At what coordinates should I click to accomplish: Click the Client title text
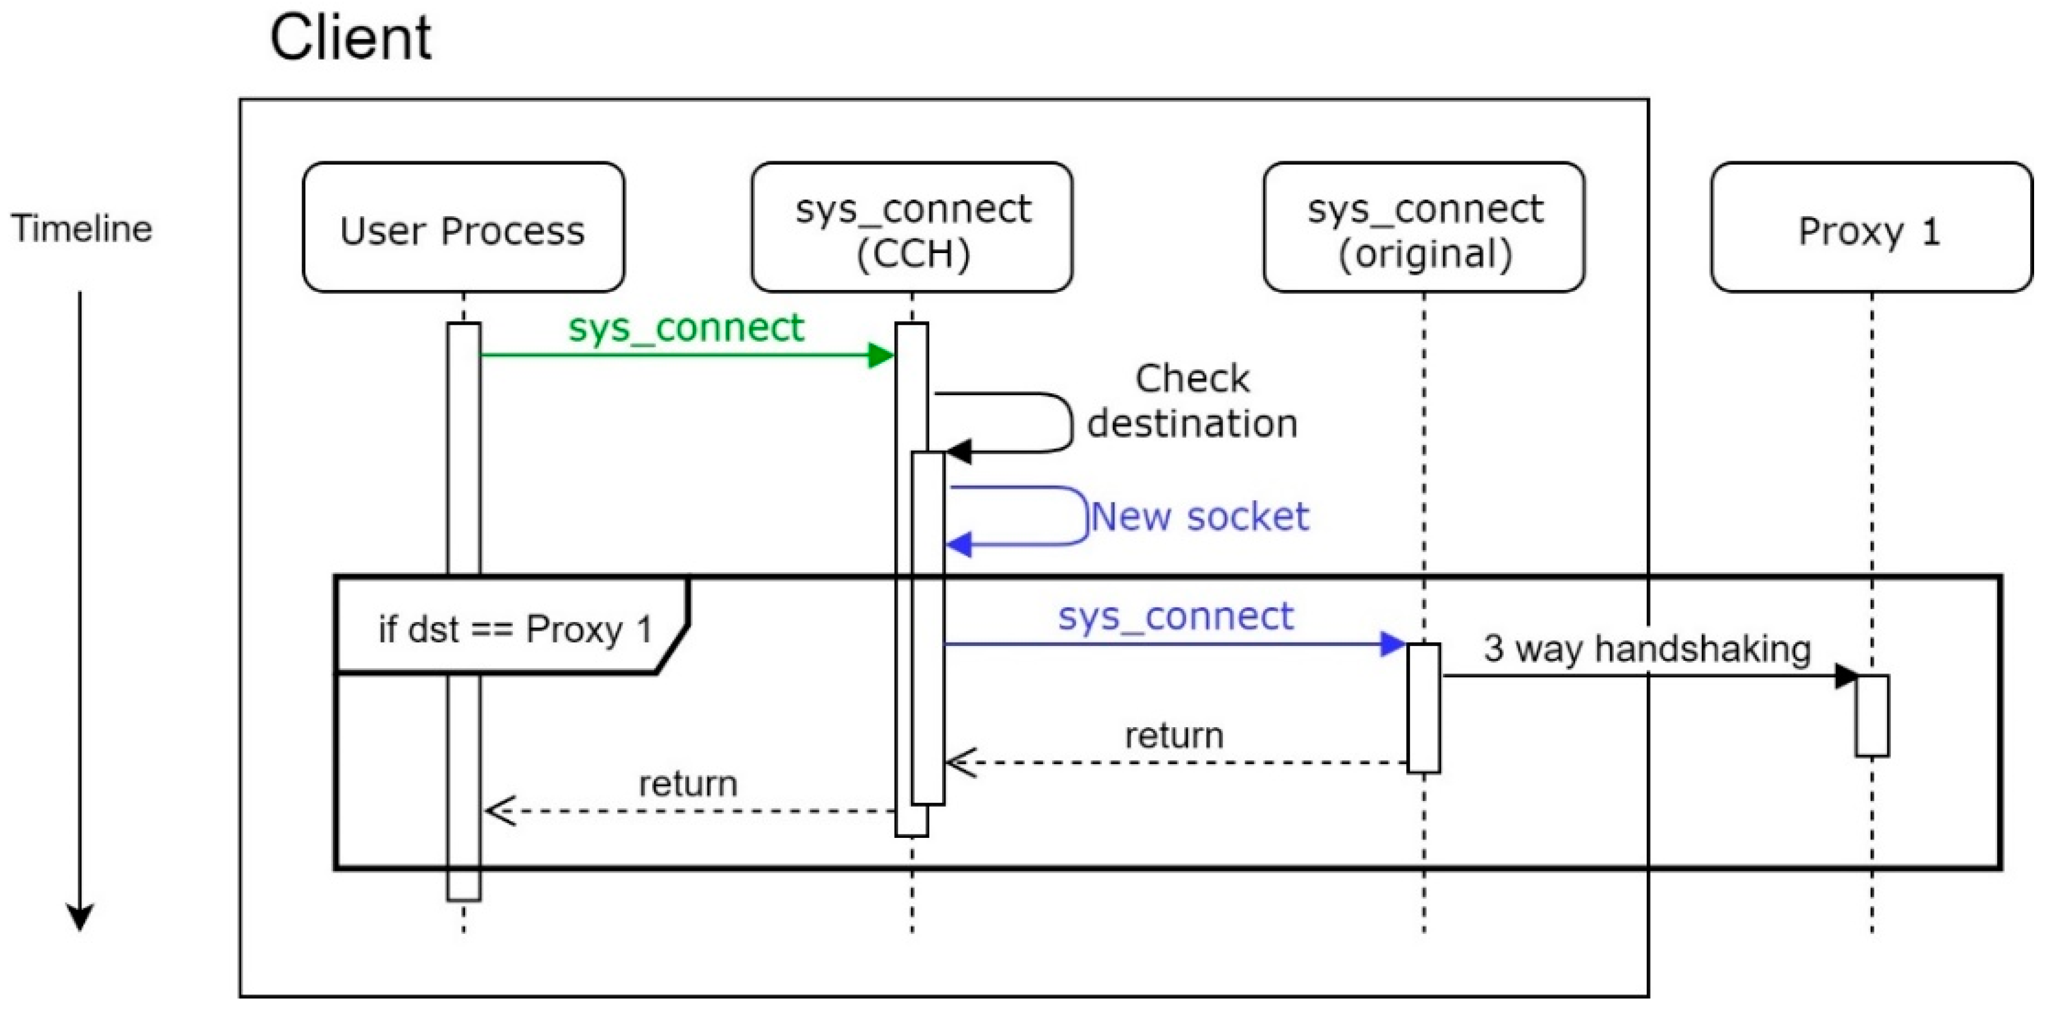[351, 38]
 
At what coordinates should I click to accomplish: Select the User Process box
[463, 228]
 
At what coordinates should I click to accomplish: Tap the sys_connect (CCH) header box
[912, 228]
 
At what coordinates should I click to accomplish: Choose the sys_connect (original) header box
[1424, 228]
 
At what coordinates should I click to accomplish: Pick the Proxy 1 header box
[1871, 228]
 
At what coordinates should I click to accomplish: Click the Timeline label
[81, 229]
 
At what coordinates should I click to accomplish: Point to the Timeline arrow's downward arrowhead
[79, 918]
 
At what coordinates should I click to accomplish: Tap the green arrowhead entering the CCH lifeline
[881, 355]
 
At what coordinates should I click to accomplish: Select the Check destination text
[1191, 401]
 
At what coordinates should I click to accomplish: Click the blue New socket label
[1199, 517]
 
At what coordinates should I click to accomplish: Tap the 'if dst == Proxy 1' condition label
[514, 630]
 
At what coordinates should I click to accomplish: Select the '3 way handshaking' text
[1647, 649]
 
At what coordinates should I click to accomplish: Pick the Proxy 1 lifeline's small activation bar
[1872, 715]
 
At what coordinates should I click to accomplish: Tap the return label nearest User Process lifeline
[688, 785]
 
